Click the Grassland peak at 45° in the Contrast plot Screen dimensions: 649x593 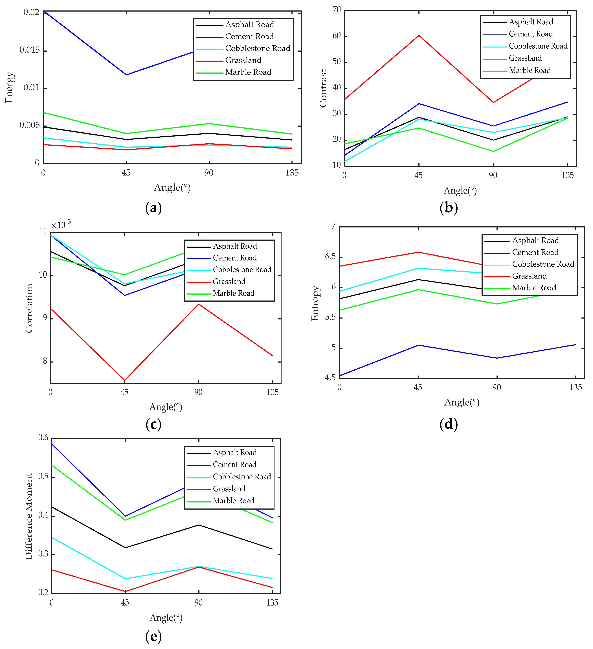419,35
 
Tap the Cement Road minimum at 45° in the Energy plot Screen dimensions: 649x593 126,75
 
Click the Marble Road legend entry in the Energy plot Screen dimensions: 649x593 248,72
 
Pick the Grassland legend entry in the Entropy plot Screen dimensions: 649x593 529,276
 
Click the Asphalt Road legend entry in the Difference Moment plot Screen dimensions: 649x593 235,452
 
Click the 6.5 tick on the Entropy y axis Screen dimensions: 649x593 330,256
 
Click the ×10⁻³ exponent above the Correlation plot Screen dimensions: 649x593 61,224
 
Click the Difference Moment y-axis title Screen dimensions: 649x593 29,516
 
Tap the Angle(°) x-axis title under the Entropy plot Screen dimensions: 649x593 462,402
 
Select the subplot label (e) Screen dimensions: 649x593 153,636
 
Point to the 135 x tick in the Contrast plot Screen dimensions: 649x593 568,176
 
